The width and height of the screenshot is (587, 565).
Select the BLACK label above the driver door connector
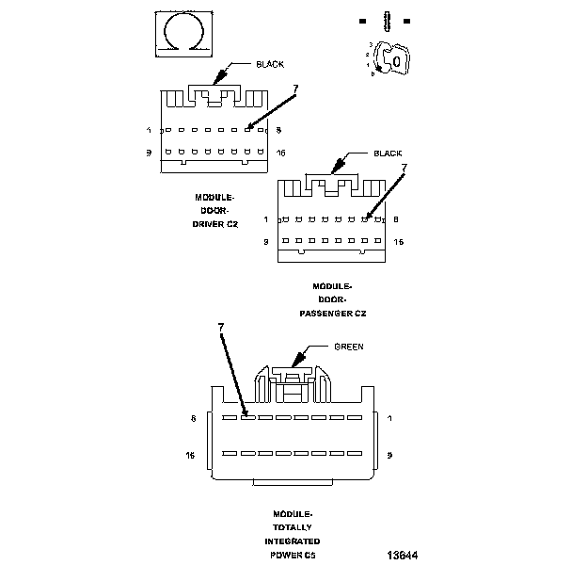coord(270,64)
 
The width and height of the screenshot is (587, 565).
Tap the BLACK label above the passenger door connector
coord(388,153)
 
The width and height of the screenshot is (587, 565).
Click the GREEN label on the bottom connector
coord(348,347)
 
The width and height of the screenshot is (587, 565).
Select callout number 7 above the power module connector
coord(221,327)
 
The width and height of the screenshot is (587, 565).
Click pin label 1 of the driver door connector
coord(149,130)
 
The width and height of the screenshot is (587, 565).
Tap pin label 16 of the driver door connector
coord(281,153)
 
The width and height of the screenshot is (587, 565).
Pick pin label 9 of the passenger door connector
coord(265,242)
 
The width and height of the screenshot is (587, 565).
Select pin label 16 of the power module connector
coord(190,454)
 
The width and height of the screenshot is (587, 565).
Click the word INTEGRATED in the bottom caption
coord(292,541)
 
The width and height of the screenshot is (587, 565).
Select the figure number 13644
coord(402,555)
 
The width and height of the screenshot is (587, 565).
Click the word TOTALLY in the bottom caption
coord(292,527)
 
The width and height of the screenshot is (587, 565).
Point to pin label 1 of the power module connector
coord(389,417)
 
